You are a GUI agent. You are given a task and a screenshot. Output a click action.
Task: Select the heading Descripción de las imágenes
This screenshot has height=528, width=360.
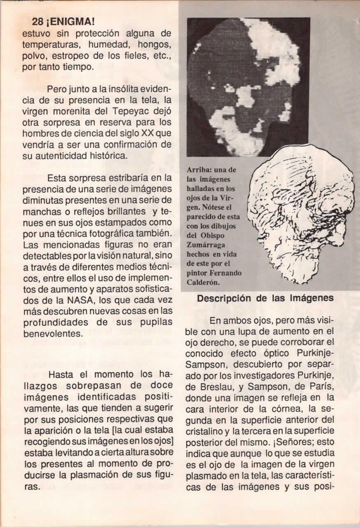coord(265,299)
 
